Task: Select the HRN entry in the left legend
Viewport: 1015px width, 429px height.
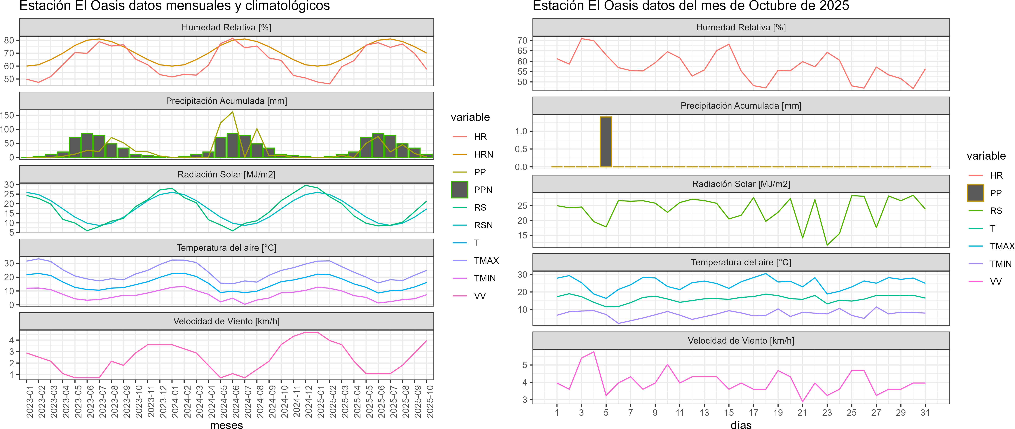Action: [483, 154]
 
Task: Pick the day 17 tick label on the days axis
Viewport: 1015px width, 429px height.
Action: [753, 412]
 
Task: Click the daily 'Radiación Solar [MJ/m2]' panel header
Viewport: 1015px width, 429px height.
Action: [741, 184]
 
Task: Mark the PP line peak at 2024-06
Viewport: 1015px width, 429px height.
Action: [233, 112]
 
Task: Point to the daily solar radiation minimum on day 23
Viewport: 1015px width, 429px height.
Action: [827, 245]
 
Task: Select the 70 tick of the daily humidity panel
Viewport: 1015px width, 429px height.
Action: [522, 41]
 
